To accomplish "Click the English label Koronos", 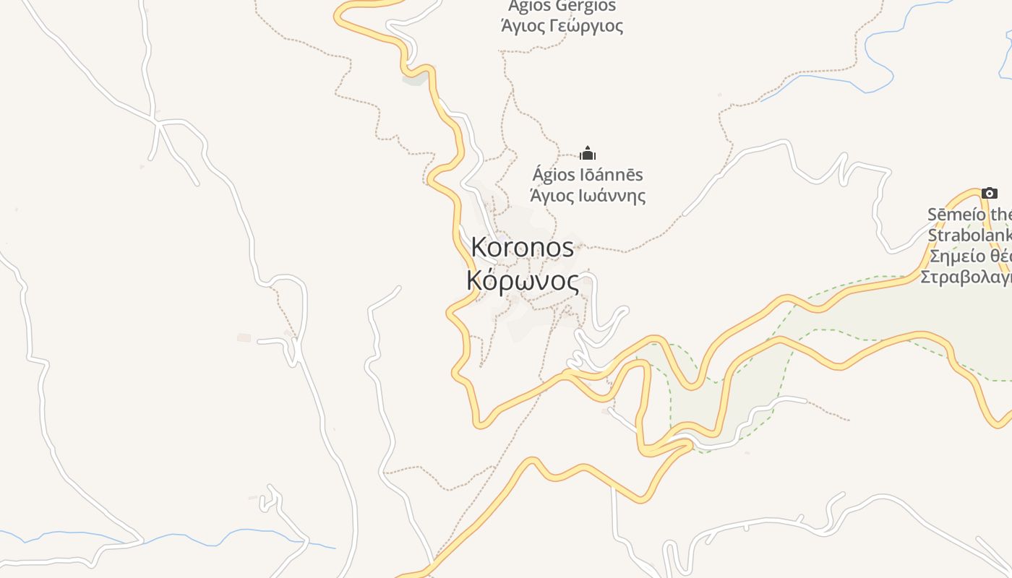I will (522, 247).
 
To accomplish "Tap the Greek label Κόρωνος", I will (523, 280).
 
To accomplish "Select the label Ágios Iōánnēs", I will (588, 175).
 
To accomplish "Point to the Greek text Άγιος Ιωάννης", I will (588, 195).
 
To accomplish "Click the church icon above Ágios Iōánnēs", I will (588, 153).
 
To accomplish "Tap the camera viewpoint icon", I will (990, 193).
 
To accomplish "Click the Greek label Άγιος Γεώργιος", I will (562, 26).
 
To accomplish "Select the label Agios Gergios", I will (562, 7).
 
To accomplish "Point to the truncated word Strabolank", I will (969, 236).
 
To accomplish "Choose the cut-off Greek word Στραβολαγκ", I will (966, 277).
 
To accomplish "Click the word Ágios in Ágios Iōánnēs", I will (553, 175).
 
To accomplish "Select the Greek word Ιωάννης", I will (614, 195).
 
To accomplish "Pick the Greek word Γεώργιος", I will (587, 26).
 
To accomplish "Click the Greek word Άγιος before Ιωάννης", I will (553, 195).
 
